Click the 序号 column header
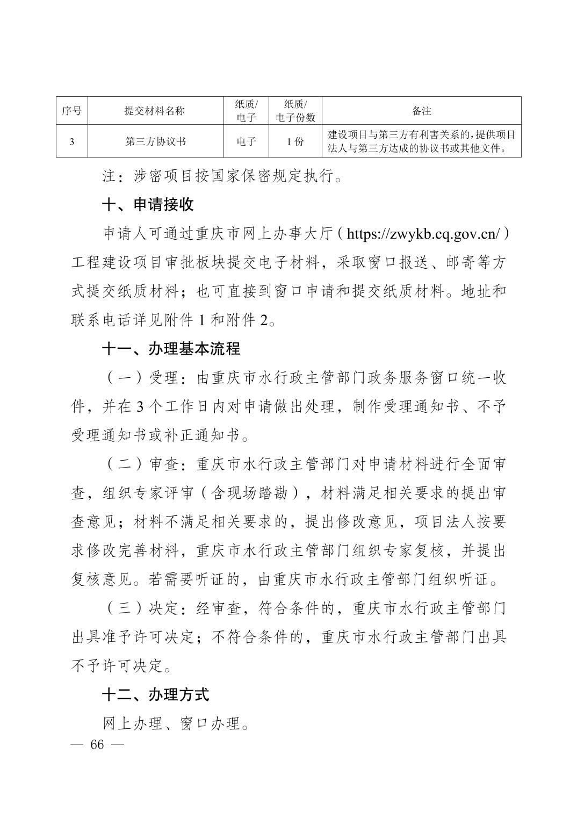[71, 111]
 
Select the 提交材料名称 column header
[155, 111]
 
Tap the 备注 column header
[422, 111]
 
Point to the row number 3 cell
[71, 141]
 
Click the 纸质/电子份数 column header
[295, 111]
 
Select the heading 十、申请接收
[148, 205]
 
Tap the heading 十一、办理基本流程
[171, 349]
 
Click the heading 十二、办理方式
[155, 694]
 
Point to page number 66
[97, 744]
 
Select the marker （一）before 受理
[125, 378]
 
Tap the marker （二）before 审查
[125, 464]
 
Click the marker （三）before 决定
[125, 608]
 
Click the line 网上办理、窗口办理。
[177, 723]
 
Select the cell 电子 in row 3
[246, 141]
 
